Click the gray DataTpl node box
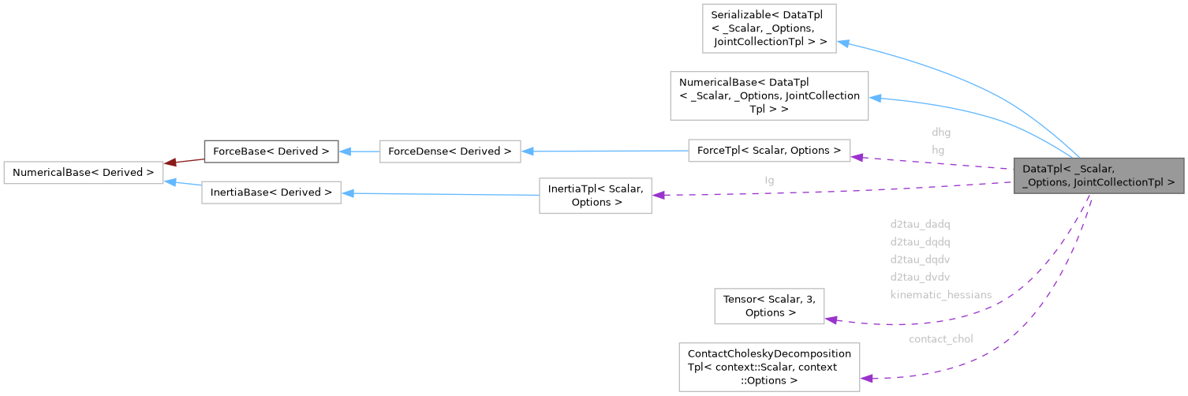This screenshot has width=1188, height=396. click(x=1099, y=175)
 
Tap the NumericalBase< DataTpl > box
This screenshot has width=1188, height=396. click(x=769, y=95)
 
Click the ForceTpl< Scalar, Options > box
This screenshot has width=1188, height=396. click(x=769, y=150)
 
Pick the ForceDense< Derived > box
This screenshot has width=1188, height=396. click(x=450, y=151)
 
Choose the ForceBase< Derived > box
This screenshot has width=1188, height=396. click(x=271, y=151)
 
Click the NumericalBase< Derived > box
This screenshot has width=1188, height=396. click(x=84, y=172)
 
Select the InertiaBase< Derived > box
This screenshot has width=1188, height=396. click(x=271, y=192)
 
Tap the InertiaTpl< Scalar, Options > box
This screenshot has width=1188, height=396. click(x=595, y=195)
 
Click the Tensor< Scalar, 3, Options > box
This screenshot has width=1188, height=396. click(x=769, y=306)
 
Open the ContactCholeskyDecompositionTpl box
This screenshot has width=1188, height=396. click(x=769, y=367)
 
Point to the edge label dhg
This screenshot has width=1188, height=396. click(x=941, y=133)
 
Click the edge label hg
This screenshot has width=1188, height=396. click(x=938, y=149)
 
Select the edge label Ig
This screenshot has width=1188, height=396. click(x=769, y=180)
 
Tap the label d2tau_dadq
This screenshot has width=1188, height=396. click(x=919, y=224)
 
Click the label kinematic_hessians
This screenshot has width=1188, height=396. click(x=940, y=294)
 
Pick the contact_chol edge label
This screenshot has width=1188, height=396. click(x=940, y=339)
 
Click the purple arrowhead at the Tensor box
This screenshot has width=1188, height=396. click(x=831, y=319)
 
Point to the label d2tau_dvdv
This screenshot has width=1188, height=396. click(x=919, y=277)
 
